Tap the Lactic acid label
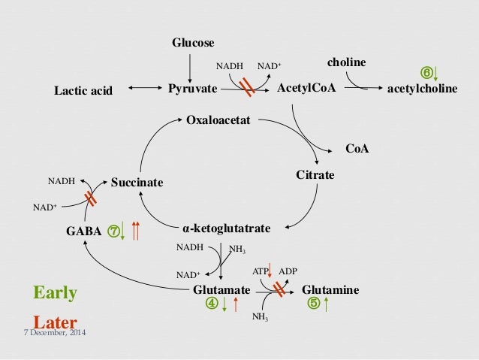pos(83,91)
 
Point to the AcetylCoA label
pos(306,89)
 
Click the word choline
pos(347,62)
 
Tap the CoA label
pos(357,150)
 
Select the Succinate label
pos(137,182)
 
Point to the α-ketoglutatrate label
pos(226,227)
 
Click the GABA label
pos(84,231)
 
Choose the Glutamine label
pos(330,289)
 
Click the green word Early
pos(56,292)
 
